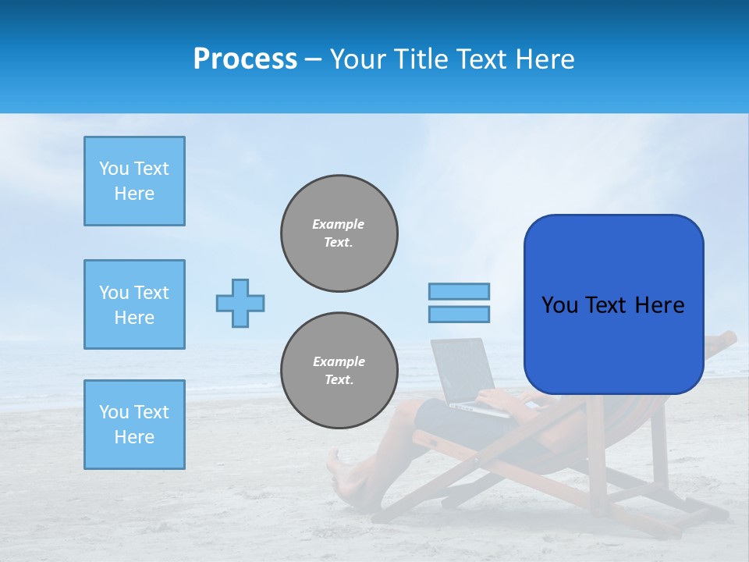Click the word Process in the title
pos(245,59)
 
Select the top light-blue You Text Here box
pos(134,181)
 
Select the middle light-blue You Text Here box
pos(134,304)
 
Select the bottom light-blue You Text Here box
pos(134,425)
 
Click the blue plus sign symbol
pos(240,303)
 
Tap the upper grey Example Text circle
pos(339,233)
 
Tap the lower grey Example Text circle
pos(339,371)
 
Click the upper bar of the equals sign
pos(459,291)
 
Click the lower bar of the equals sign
pos(459,314)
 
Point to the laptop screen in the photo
pos(465,371)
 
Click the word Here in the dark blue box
pos(659,304)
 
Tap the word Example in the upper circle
pos(339,224)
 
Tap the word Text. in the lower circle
pos(339,380)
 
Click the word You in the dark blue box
pos(559,304)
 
